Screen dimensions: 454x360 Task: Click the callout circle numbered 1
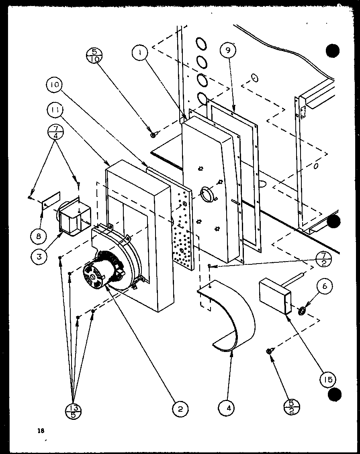141,52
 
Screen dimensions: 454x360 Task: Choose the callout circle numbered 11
55,109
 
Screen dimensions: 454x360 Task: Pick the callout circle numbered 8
39,236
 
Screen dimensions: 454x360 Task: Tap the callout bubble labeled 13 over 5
73,411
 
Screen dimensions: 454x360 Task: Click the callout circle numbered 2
180,409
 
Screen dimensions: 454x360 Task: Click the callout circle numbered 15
328,378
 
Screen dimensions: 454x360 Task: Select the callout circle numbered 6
324,286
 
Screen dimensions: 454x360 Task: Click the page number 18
40,431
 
